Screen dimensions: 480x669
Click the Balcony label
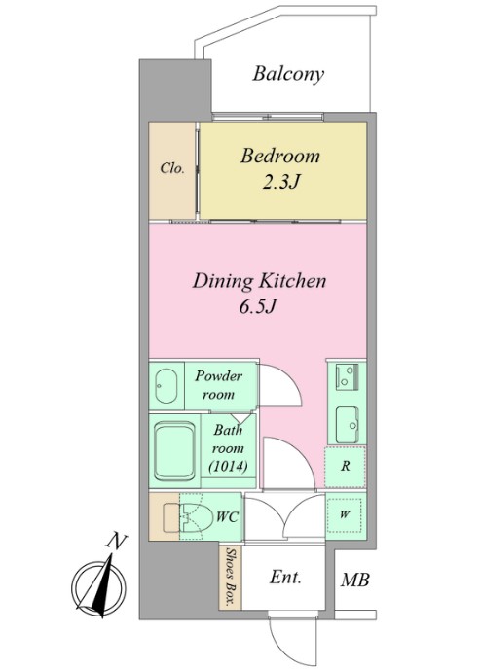pyautogui.click(x=288, y=74)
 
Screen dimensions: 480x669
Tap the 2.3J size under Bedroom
pyautogui.click(x=280, y=182)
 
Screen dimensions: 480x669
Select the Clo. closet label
pyautogui.click(x=172, y=168)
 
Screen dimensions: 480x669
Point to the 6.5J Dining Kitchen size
pyautogui.click(x=259, y=306)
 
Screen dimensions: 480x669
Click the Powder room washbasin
pyautogui.click(x=166, y=386)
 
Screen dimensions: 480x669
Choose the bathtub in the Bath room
pyautogui.click(x=174, y=451)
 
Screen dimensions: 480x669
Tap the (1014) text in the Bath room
pyautogui.click(x=229, y=467)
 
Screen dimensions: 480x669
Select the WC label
pyautogui.click(x=227, y=517)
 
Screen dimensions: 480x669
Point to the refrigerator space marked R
pyautogui.click(x=345, y=467)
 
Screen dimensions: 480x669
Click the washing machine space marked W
pyautogui.click(x=345, y=515)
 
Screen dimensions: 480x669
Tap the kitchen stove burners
pyautogui.click(x=347, y=376)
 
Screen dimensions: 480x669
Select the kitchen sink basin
pyautogui.click(x=348, y=425)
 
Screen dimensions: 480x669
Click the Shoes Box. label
pyautogui.click(x=231, y=576)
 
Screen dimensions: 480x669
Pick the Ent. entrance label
pyautogui.click(x=285, y=578)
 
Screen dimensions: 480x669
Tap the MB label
pyautogui.click(x=354, y=581)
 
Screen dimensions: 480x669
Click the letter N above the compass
pyautogui.click(x=116, y=541)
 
